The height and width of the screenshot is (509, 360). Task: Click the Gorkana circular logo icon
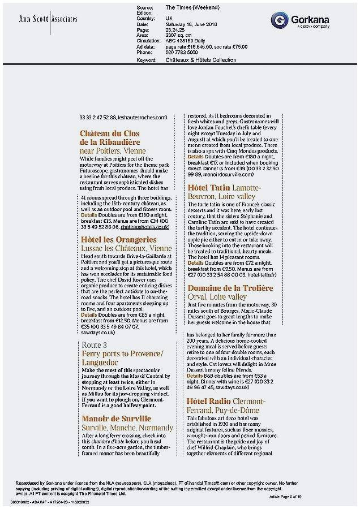(279, 21)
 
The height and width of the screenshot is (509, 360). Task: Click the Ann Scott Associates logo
(48, 19)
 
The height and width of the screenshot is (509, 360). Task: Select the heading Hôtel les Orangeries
(119, 240)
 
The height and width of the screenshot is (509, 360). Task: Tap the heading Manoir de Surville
(117, 419)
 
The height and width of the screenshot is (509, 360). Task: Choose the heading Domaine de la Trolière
(230, 288)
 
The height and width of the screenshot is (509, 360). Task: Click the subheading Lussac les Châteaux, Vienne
(127, 248)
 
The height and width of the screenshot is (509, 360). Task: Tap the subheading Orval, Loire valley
(217, 296)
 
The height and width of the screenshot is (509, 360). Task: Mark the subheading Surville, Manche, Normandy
(127, 428)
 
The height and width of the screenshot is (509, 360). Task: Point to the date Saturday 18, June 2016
(194, 24)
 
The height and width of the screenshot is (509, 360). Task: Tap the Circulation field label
(149, 41)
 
